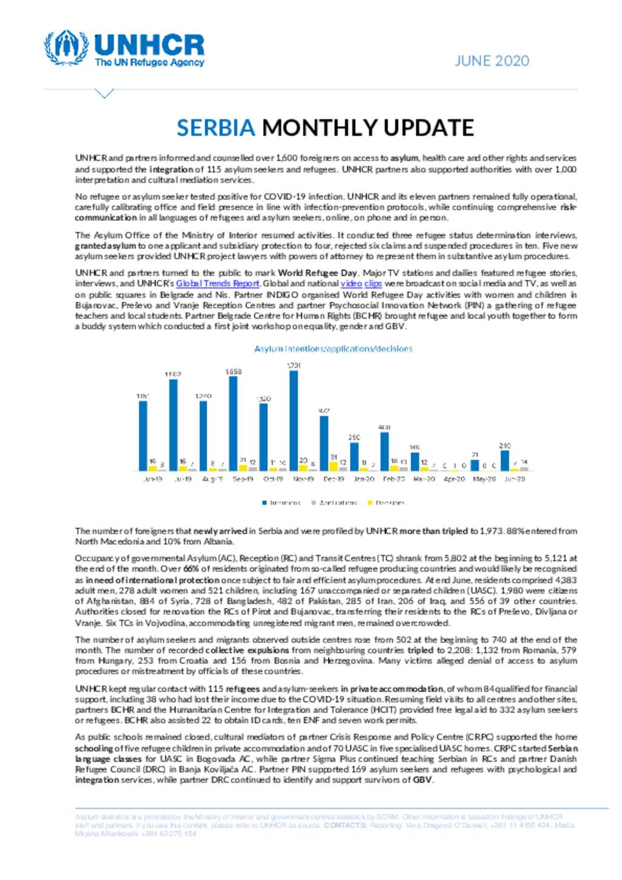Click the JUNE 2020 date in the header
(492, 61)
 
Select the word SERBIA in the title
(216, 128)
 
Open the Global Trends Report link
(217, 284)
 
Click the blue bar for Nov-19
(294, 420)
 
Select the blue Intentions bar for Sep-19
(233, 423)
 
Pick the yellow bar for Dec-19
(333, 466)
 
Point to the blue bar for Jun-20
(505, 460)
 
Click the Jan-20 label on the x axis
(364, 479)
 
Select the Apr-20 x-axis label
(454, 479)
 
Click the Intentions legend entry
(282, 503)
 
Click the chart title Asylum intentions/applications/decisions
(333, 349)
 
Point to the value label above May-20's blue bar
(475, 455)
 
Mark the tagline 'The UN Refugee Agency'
(149, 63)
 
